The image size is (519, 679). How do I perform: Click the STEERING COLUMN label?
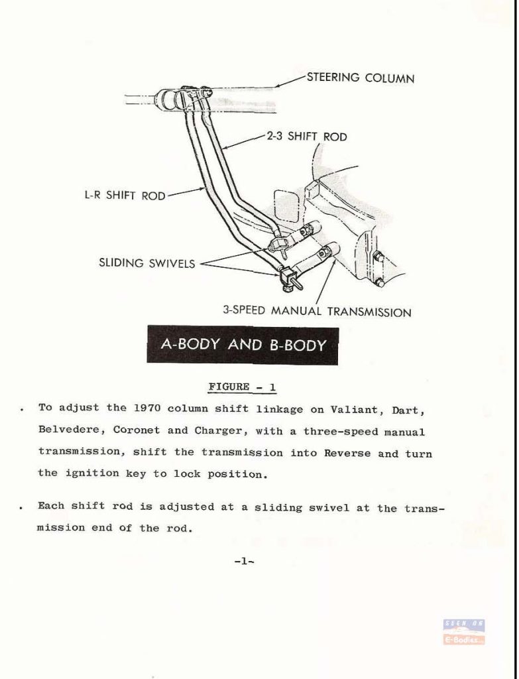[361, 78]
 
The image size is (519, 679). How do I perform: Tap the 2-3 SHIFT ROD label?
[306, 137]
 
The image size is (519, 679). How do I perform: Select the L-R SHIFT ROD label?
[125, 196]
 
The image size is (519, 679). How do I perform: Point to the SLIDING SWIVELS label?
[147, 263]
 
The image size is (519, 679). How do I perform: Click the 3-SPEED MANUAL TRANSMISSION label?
[317, 312]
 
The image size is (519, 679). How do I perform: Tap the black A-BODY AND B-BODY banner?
[243, 345]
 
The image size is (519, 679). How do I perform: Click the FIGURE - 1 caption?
[242, 387]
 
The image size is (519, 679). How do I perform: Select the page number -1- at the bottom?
[244, 562]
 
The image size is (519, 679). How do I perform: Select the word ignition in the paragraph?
[93, 473]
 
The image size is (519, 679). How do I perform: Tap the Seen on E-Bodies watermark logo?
[463, 632]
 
